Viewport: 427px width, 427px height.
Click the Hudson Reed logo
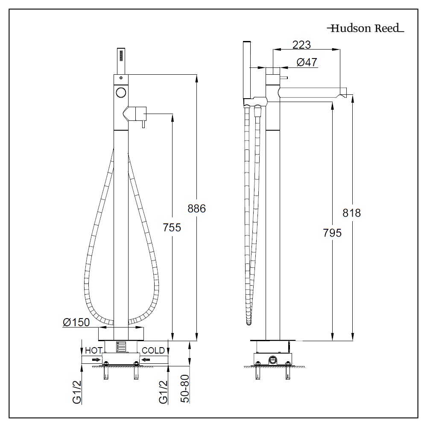point(365,29)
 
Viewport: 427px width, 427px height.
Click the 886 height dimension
point(197,208)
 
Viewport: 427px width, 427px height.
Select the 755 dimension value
point(172,227)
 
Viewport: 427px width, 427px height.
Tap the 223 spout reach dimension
point(301,44)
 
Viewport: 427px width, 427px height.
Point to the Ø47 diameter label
point(306,62)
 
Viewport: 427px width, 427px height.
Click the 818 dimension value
point(352,213)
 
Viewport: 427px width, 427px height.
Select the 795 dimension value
point(332,233)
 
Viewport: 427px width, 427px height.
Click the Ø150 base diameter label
point(76,322)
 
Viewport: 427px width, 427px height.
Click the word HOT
point(94,351)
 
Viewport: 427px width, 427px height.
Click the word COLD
point(153,351)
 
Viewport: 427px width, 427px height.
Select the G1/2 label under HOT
point(77,392)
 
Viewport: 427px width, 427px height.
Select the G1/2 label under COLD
point(162,392)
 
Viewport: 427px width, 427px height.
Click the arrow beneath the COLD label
point(146,360)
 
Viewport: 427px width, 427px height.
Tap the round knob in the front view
point(121,92)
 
